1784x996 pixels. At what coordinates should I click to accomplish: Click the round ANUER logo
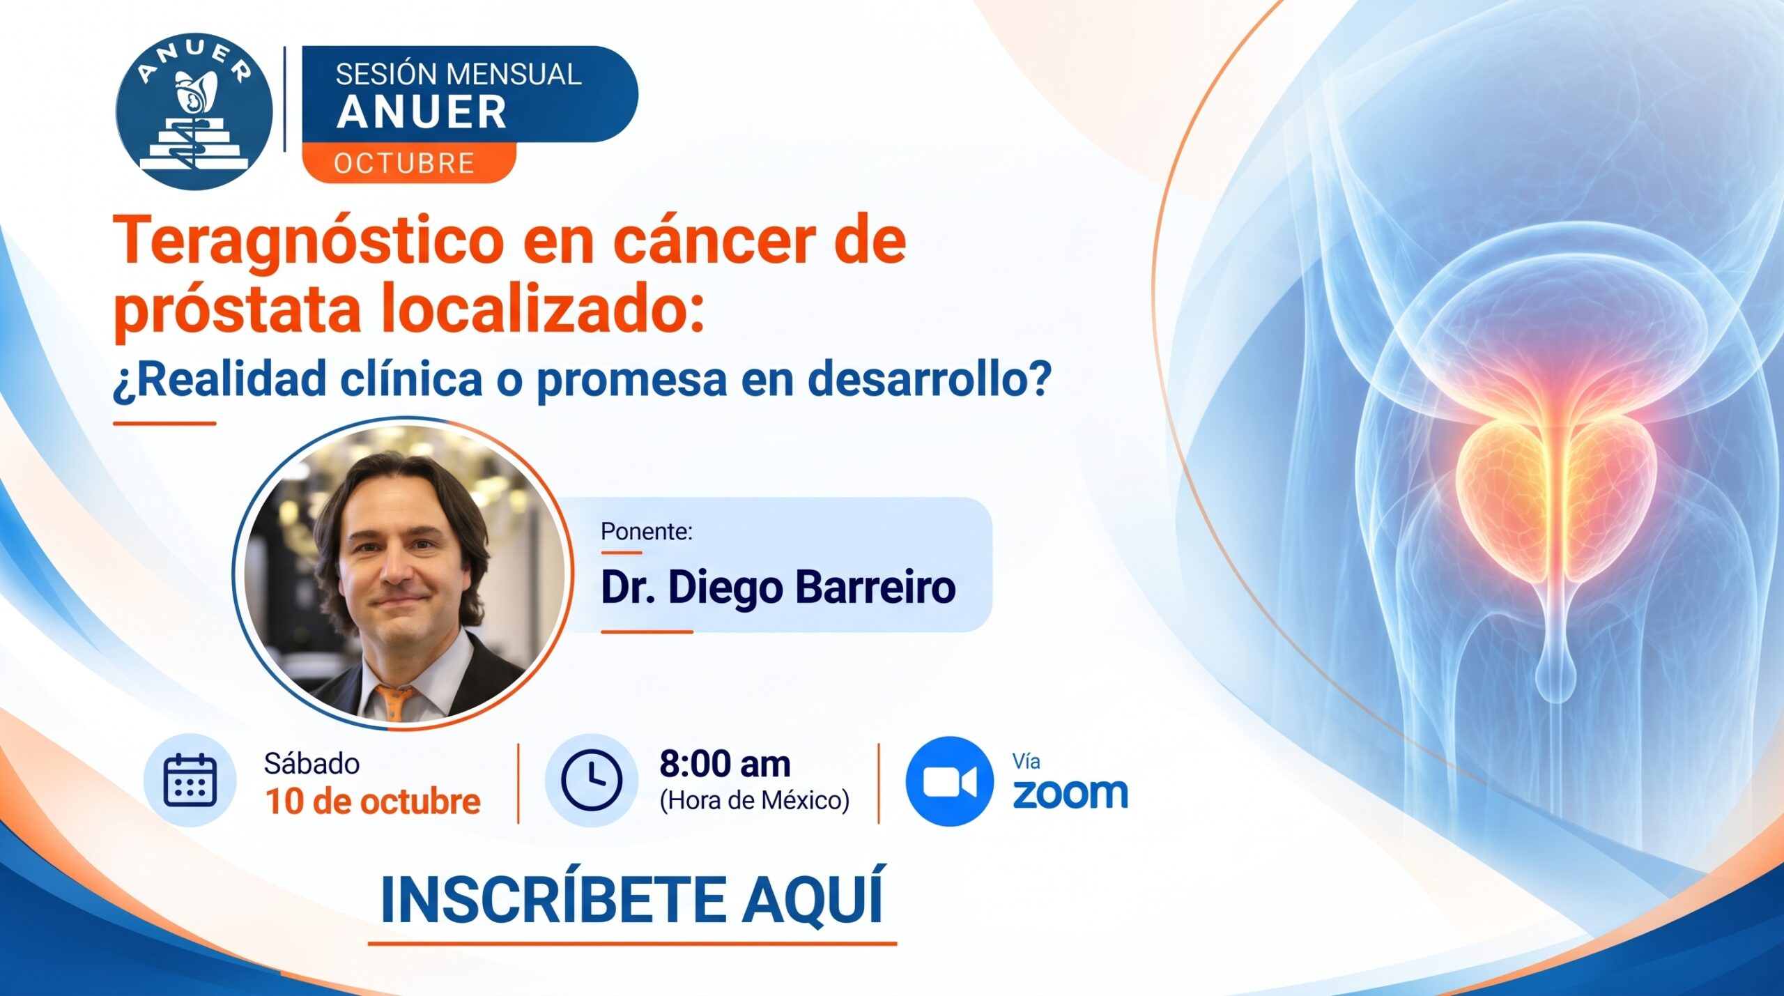coord(194,112)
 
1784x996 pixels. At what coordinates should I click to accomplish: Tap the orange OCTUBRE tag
coord(409,163)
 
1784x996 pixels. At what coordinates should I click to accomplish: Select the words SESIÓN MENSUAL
coord(458,75)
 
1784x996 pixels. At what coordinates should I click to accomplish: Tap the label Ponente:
coord(646,531)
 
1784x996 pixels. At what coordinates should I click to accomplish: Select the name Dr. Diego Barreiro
coord(778,587)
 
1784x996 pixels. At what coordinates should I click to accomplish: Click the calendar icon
coord(190,780)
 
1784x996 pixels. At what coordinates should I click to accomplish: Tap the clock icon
coord(591,780)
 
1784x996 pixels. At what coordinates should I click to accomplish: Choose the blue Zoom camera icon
coord(949,781)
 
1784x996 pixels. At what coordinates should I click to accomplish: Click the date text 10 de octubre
coord(373,802)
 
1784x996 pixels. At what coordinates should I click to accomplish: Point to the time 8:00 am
coord(725,763)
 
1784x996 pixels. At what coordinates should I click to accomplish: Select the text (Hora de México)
coord(755,800)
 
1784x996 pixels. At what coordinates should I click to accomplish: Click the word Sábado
coord(312,764)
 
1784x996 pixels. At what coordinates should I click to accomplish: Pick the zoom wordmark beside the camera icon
coord(1070,794)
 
